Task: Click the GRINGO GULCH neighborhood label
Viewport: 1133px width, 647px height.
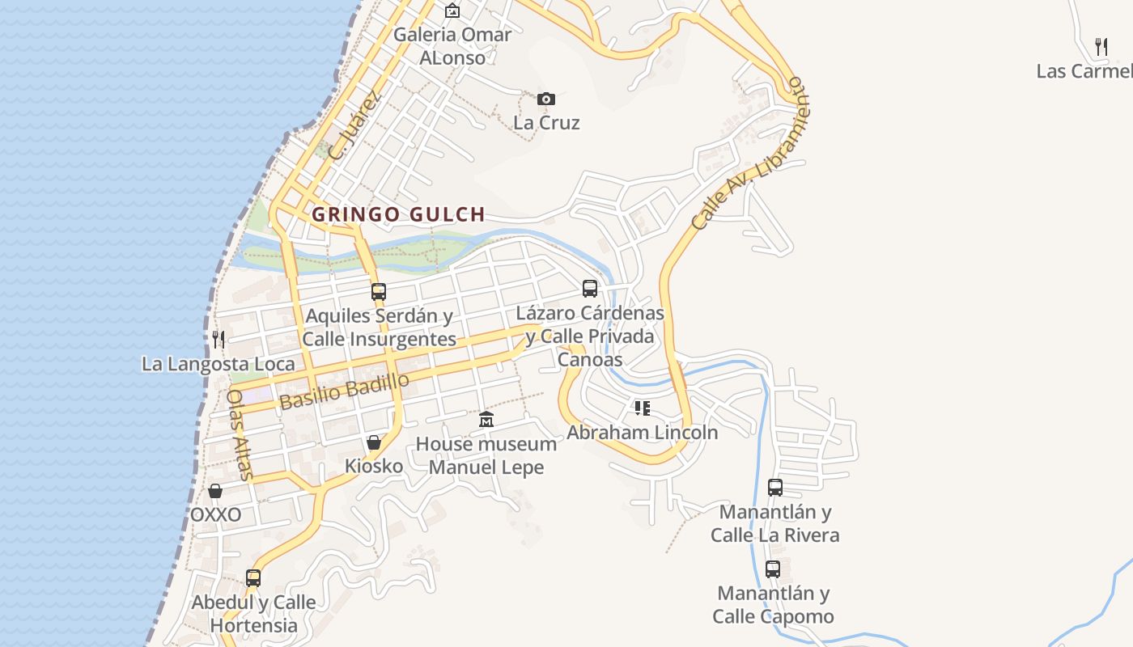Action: click(x=398, y=214)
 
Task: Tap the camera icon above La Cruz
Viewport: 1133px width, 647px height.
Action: click(x=546, y=99)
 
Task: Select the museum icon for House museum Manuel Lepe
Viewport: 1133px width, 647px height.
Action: click(x=486, y=419)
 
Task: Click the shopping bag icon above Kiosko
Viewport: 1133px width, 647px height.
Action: click(x=374, y=442)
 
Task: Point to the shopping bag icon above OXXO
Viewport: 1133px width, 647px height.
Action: click(x=215, y=491)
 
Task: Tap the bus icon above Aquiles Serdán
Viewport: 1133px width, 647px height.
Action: click(x=378, y=291)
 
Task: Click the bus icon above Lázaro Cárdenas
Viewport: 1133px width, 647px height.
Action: click(x=590, y=289)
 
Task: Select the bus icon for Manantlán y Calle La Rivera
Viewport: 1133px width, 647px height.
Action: click(x=775, y=488)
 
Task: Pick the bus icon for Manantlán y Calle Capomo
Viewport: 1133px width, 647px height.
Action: click(x=773, y=569)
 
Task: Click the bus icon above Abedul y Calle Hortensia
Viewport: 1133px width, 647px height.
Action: click(x=253, y=577)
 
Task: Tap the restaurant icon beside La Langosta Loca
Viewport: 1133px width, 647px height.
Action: click(x=218, y=339)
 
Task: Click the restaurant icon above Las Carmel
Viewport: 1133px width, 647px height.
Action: click(x=1101, y=46)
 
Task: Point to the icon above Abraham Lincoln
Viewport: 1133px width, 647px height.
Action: click(x=642, y=408)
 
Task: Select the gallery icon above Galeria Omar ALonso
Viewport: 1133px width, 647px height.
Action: click(x=452, y=11)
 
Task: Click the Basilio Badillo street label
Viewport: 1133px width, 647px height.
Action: click(x=344, y=391)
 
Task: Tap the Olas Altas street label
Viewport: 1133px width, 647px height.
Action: click(x=241, y=435)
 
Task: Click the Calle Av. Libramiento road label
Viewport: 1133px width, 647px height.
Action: click(x=749, y=154)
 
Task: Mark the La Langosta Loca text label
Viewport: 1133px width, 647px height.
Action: click(x=219, y=364)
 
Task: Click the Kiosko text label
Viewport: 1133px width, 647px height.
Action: click(x=374, y=466)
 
